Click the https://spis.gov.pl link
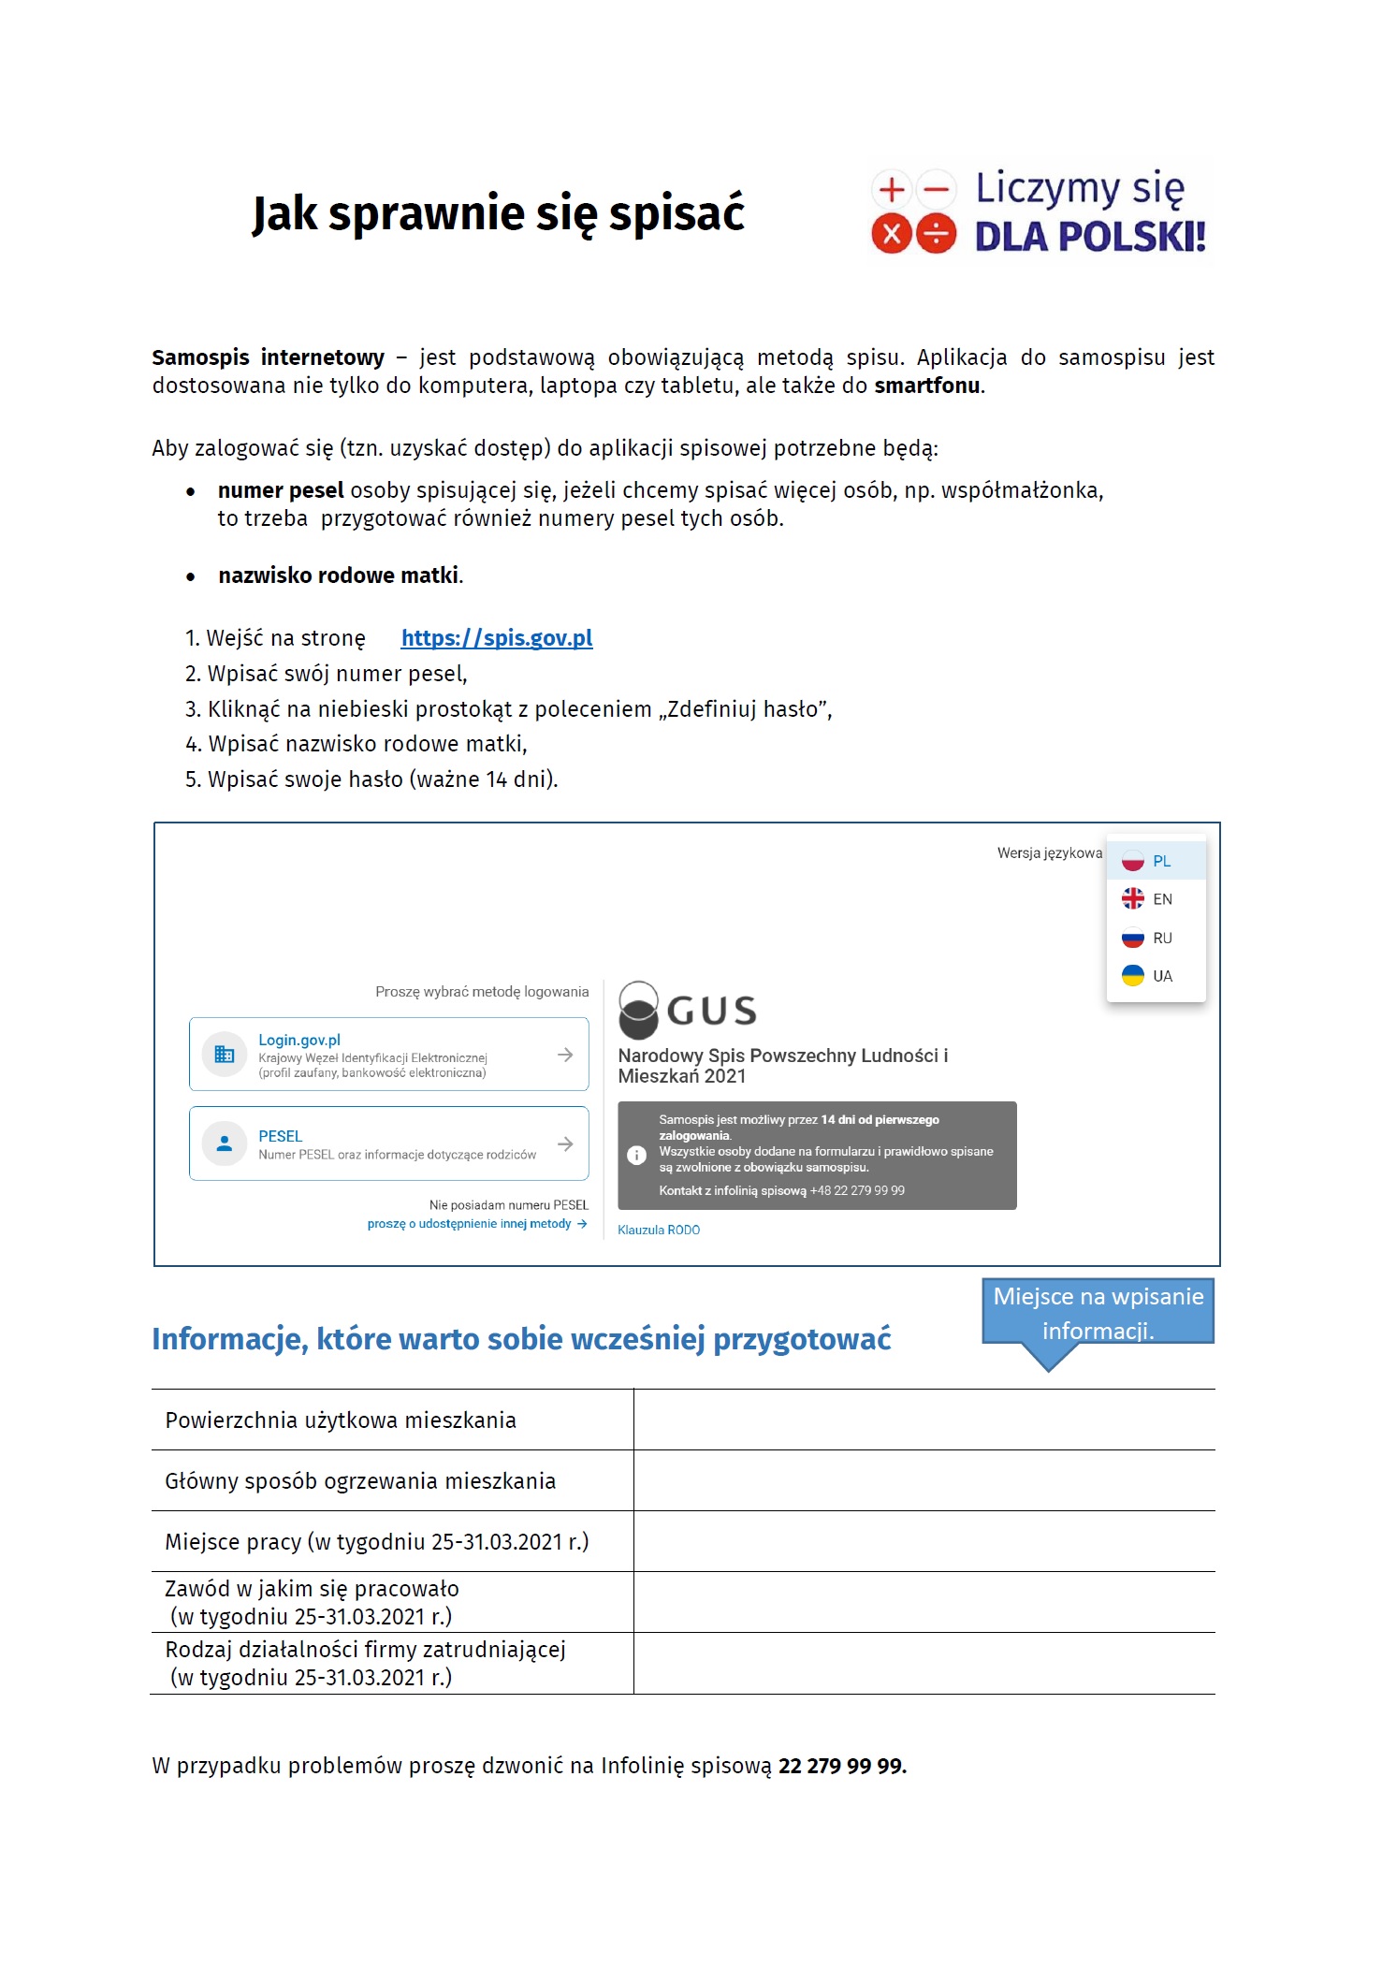[496, 638]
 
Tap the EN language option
[1155, 899]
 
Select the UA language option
[1155, 976]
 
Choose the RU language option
[1155, 938]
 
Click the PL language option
[1155, 861]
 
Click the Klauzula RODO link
[659, 1231]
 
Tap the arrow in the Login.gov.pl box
[565, 1055]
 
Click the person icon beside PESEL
[225, 1143]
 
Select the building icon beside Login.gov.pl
[225, 1055]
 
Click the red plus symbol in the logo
[892, 190]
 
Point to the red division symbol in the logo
[936, 234]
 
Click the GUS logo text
[711, 1012]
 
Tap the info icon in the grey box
[636, 1156]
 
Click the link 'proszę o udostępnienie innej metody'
[471, 1224]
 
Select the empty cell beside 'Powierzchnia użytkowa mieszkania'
[924, 1420]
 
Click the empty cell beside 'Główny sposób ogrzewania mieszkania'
[924, 1481]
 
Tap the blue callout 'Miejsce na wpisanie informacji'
[1098, 1313]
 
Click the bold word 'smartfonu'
[927, 386]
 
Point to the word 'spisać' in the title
[676, 213]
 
